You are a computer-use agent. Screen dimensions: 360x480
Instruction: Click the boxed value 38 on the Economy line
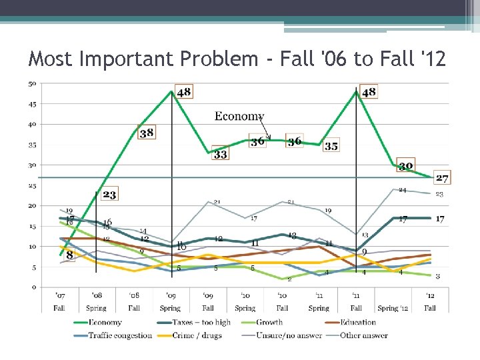click(x=147, y=133)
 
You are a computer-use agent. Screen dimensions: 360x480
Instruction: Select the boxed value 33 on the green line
click(x=220, y=154)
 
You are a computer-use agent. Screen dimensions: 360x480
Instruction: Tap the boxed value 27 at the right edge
click(x=441, y=178)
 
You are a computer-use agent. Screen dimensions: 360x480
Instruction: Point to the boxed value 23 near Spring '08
click(x=109, y=195)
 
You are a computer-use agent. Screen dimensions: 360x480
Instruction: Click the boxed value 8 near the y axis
click(x=70, y=255)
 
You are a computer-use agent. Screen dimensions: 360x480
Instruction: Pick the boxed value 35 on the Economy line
click(x=331, y=146)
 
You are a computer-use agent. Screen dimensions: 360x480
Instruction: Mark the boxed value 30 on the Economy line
click(x=406, y=166)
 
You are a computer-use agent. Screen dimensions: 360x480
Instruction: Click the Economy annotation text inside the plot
click(x=239, y=116)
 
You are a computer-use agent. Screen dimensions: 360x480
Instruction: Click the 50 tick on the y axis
click(x=32, y=84)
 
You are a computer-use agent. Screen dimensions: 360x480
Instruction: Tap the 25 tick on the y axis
click(x=32, y=186)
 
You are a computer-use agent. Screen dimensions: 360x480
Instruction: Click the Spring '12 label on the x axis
click(x=393, y=308)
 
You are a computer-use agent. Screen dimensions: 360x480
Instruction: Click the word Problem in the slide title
click(x=215, y=59)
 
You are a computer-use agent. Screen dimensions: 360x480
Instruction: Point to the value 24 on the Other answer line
click(x=402, y=191)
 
